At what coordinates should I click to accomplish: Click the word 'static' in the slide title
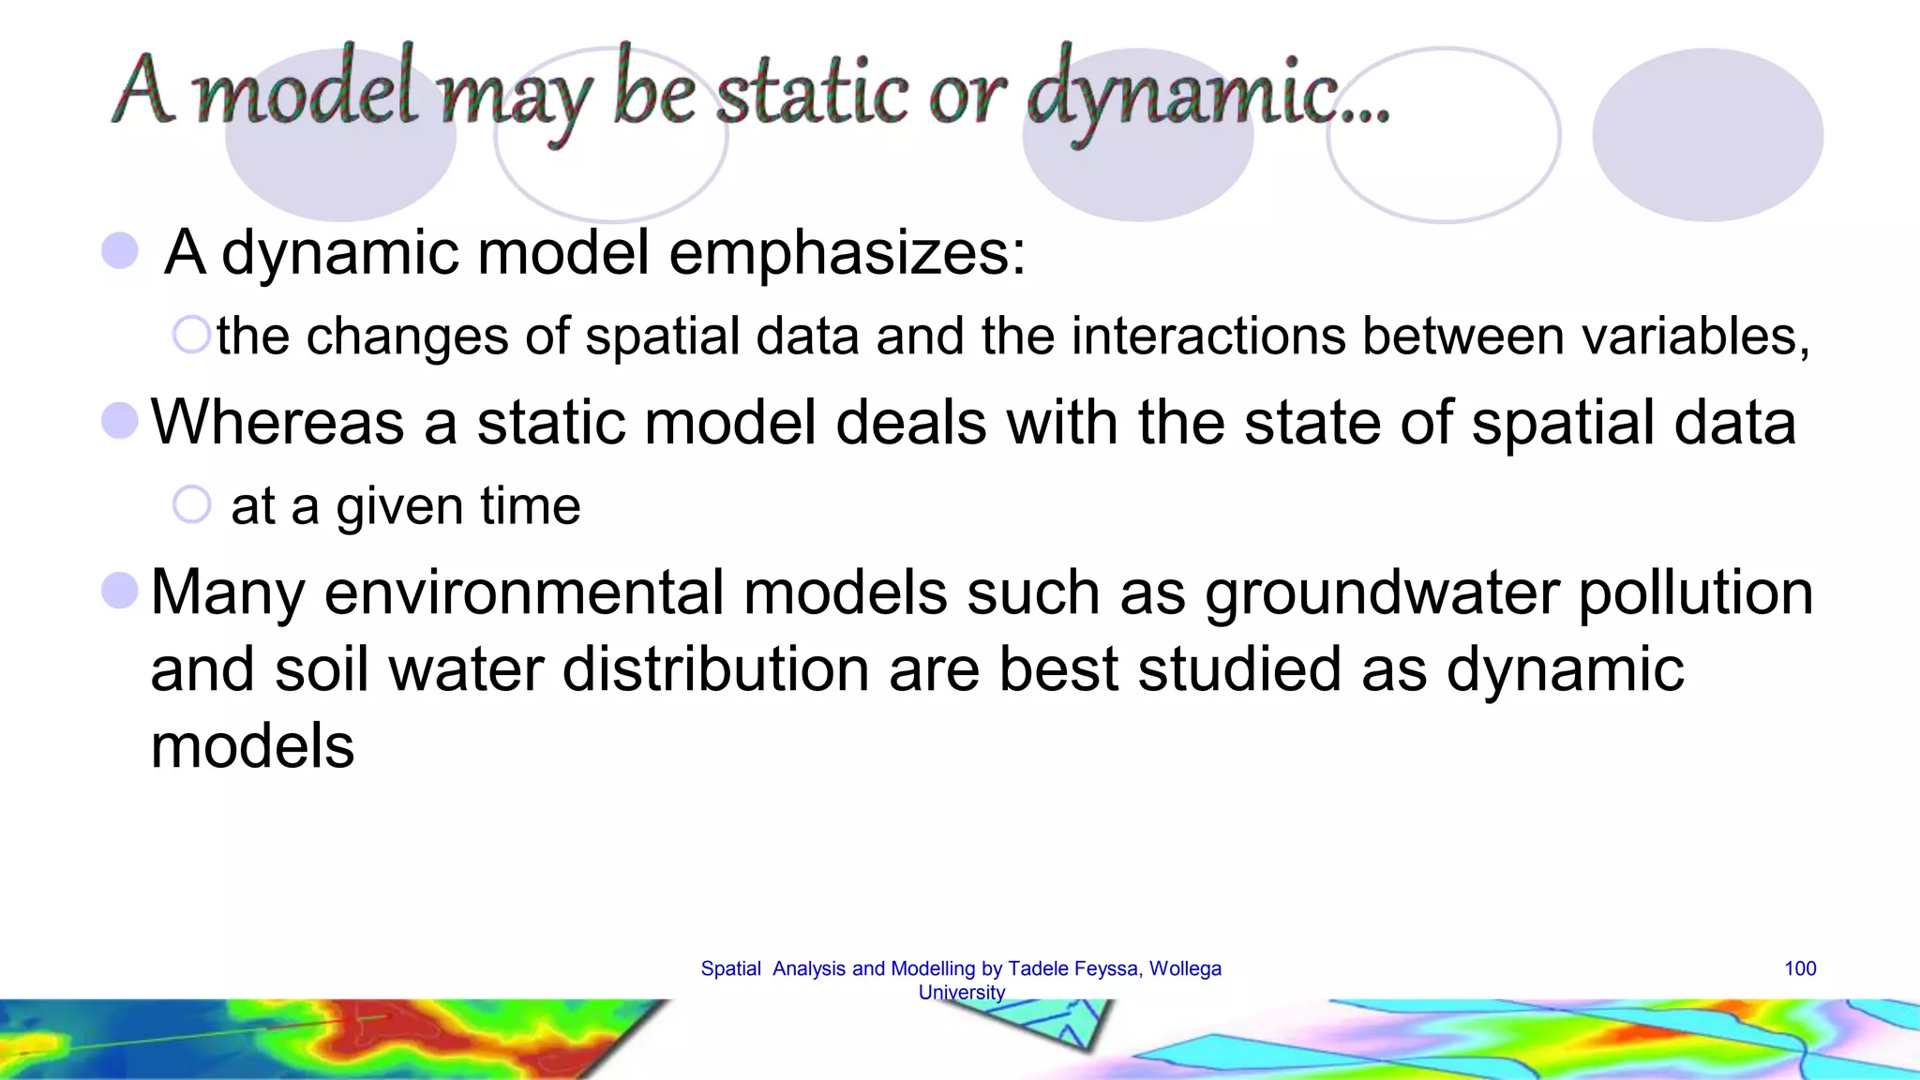[x=812, y=94]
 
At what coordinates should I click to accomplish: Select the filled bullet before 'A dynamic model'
[x=120, y=250]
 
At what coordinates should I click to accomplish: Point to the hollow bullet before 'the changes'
[x=192, y=335]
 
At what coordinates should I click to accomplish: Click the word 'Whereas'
[x=277, y=422]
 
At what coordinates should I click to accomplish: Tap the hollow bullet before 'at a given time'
[x=192, y=504]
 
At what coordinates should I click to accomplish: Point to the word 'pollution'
[x=1696, y=593]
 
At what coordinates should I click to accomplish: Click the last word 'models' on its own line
[x=252, y=746]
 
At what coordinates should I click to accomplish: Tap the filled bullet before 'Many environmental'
[x=120, y=591]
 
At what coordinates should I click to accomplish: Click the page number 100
[x=1799, y=968]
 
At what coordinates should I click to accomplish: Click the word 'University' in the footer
[x=961, y=992]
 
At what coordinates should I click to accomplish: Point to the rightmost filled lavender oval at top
[x=1707, y=135]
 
